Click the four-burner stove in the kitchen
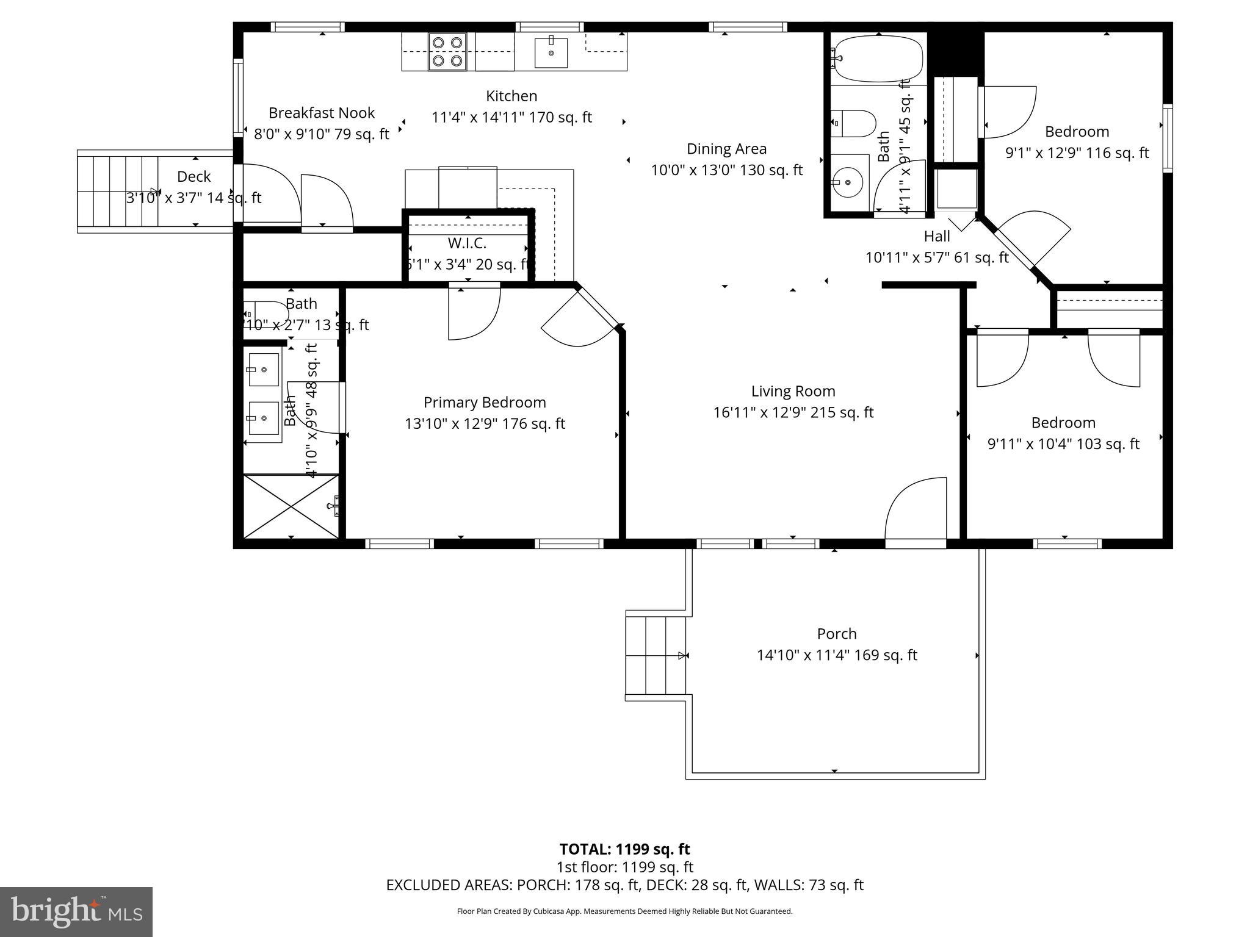click(x=447, y=51)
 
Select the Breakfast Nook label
click(x=322, y=113)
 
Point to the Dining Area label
click(x=726, y=149)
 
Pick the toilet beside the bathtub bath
click(x=854, y=123)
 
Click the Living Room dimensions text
click(x=793, y=412)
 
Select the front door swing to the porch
click(x=916, y=509)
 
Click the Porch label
click(x=837, y=634)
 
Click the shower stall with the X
click(x=291, y=506)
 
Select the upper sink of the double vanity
click(x=263, y=369)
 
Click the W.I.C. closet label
click(x=467, y=243)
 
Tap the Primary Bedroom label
click(x=485, y=403)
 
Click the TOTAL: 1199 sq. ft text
click(x=624, y=849)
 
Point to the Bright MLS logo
click(x=76, y=911)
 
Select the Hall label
click(x=936, y=237)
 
